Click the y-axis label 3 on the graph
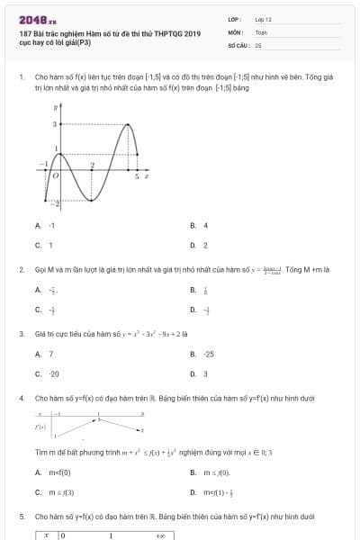pos(54,123)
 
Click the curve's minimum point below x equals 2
pos(92,200)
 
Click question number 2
pos(21,269)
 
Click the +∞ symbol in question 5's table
pos(158,535)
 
